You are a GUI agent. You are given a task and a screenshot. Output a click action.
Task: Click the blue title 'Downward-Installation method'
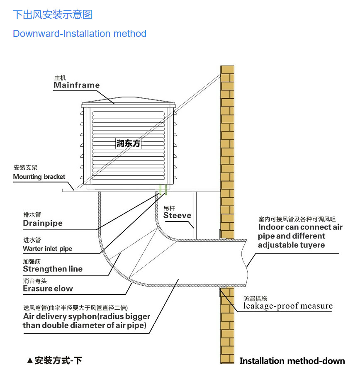click(80, 34)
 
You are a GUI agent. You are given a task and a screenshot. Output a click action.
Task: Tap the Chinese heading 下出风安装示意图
click(53, 15)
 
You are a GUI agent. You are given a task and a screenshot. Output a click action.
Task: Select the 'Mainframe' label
click(77, 85)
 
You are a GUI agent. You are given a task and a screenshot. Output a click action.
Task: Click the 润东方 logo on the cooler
click(129, 143)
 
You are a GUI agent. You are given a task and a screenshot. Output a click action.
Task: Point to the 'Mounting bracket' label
click(39, 177)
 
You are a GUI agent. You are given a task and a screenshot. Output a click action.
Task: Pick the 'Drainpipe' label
click(43, 223)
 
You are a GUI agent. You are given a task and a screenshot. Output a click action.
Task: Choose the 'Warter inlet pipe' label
click(47, 249)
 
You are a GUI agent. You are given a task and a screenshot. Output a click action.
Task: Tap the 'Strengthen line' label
click(53, 269)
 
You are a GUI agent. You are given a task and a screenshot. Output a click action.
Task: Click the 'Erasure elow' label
click(48, 289)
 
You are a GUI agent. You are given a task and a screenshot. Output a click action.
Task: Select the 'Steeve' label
click(177, 215)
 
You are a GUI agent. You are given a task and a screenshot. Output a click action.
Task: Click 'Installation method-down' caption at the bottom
click(292, 361)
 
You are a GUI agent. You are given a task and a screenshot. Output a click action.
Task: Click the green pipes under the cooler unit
click(163, 190)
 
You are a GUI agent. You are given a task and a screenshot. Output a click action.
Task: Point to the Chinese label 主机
click(60, 78)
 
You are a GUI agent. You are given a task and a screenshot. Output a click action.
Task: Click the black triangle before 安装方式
click(30, 361)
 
